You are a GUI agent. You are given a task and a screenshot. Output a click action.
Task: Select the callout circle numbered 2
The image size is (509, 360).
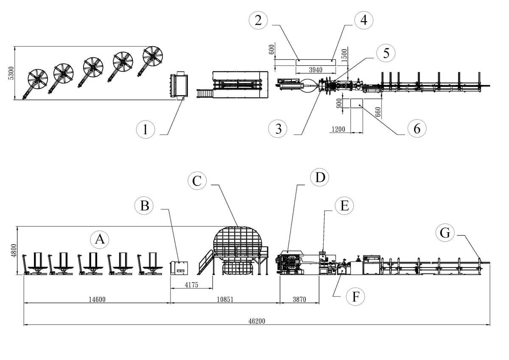click(258, 20)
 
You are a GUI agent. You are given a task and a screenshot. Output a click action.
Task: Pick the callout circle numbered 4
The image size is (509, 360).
click(364, 20)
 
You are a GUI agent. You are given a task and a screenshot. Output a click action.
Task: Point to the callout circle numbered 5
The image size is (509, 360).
click(386, 53)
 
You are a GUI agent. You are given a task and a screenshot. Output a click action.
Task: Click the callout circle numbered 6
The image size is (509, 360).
click(417, 128)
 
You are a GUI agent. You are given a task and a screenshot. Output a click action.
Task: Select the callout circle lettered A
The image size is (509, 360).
click(100, 239)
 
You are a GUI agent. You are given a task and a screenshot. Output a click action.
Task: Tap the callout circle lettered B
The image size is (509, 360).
click(145, 206)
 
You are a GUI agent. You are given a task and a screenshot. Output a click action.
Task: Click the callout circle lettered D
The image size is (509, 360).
click(319, 178)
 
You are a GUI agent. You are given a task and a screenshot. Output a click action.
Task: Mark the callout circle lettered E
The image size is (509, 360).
click(344, 206)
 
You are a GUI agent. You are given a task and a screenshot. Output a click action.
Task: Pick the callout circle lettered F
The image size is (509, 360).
click(355, 296)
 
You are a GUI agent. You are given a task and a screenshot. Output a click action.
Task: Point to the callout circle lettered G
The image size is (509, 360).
click(445, 233)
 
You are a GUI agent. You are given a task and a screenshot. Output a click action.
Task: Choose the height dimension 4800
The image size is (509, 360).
click(14, 250)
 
